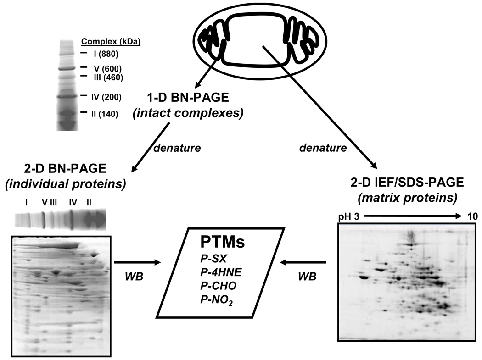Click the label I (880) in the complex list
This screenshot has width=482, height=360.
pos(106,54)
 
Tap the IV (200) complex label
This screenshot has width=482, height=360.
pos(106,96)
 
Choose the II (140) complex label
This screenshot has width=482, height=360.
pos(105,113)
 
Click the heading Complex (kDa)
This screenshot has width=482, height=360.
pos(111,42)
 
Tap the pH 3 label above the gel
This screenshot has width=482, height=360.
pos(352,217)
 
